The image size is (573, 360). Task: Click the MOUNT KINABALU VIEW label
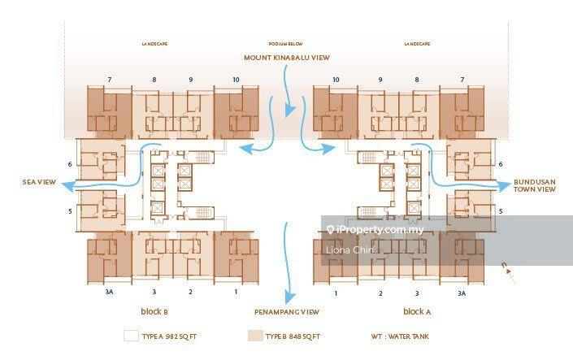click(x=287, y=58)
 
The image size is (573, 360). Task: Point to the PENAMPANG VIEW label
click(x=286, y=312)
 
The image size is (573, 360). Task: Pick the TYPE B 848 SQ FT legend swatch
click(x=254, y=336)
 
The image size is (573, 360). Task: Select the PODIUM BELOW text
click(x=285, y=43)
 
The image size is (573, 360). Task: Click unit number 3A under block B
click(x=108, y=292)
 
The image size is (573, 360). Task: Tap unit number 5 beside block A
click(x=500, y=210)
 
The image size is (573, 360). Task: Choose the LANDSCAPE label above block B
click(x=154, y=43)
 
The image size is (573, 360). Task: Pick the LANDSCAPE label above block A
click(x=415, y=43)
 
